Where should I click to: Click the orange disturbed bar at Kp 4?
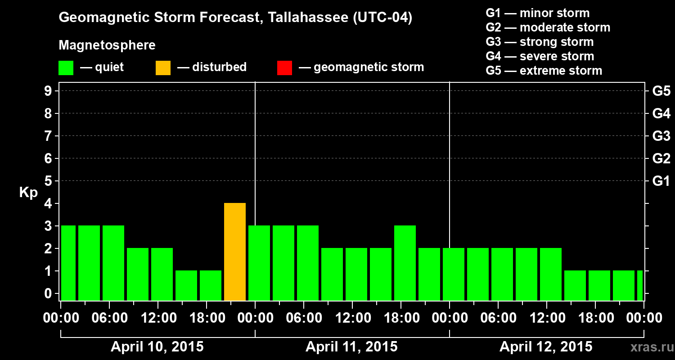tap(235, 252)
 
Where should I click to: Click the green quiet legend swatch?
tap(66, 68)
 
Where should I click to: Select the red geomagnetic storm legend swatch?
tap(284, 68)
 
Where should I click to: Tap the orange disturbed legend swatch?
tap(163, 68)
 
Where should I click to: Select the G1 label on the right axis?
tap(661, 181)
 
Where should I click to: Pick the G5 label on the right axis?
tap(661, 91)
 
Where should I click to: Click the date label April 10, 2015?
tap(157, 347)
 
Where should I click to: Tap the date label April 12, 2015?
tap(546, 347)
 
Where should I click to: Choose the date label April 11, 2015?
tap(351, 347)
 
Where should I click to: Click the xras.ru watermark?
tap(648, 347)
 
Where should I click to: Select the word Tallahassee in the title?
tap(304, 18)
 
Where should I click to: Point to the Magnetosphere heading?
tap(107, 45)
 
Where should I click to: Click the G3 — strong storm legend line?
tap(540, 42)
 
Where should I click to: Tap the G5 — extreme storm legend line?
tap(544, 71)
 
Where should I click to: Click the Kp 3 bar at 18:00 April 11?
tap(405, 263)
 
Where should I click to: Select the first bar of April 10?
tap(68, 263)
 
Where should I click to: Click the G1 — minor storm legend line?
tap(537, 13)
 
